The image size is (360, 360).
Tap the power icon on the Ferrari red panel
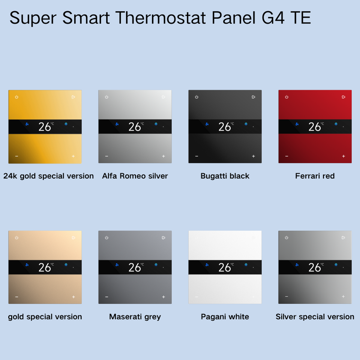[286, 97]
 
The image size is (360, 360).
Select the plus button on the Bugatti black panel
[253, 156]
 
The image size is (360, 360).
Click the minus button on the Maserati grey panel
[106, 297]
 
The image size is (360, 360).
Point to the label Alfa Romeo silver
[135, 176]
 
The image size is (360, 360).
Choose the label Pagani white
[225, 316]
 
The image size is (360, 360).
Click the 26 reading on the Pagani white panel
[225, 267]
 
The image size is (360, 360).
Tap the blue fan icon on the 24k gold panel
[27, 124]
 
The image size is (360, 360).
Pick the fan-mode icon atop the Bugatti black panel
[253, 97]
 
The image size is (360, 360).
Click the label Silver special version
[315, 316]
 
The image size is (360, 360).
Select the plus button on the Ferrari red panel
[343, 156]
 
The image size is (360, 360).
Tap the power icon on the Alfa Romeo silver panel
[106, 97]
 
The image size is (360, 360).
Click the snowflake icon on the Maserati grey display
[156, 264]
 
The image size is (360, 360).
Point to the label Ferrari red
[315, 176]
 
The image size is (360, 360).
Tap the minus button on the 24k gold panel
[16, 156]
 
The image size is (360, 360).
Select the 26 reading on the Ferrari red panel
[315, 127]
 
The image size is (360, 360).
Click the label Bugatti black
[225, 176]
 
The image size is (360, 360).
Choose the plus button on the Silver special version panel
[343, 296]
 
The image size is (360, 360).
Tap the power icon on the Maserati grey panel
[106, 238]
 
